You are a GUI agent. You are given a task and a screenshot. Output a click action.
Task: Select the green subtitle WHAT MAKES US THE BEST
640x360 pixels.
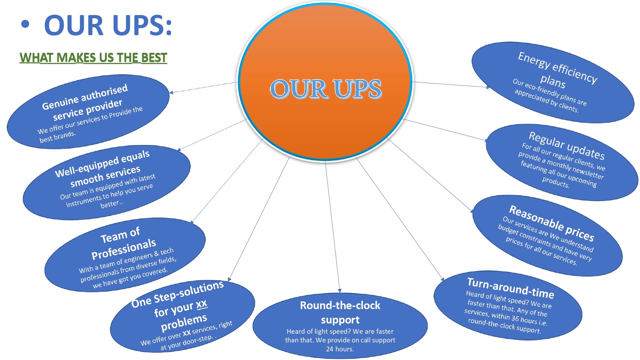pos(93,58)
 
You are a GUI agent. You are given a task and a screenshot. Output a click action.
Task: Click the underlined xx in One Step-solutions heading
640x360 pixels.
pos(202,304)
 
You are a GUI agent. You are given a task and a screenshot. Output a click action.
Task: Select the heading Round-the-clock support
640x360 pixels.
pos(340,312)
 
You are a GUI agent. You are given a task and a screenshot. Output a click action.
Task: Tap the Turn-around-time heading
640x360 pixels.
pos(510,288)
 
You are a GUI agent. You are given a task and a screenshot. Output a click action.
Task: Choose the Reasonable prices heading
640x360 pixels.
pos(551,223)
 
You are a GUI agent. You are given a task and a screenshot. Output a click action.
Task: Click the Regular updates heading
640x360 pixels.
pos(566,145)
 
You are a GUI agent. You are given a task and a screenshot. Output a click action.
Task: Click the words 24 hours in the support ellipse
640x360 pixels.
pos(340,349)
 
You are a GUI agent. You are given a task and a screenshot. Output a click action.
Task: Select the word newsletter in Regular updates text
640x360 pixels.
pos(588,172)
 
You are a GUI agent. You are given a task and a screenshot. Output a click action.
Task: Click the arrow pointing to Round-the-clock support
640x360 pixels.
pos(340,290)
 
